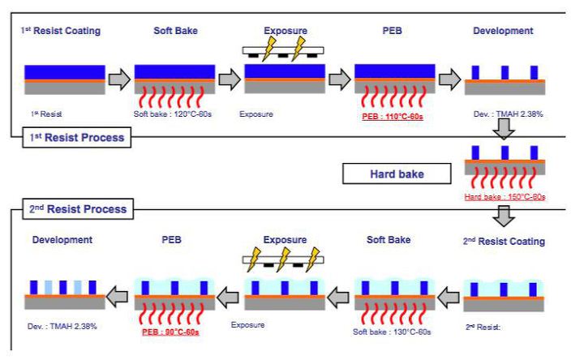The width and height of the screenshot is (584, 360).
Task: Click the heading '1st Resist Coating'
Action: pos(60,31)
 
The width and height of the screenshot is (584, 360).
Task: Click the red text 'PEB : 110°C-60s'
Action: pos(393,117)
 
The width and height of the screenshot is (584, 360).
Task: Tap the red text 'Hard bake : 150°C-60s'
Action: pos(503,197)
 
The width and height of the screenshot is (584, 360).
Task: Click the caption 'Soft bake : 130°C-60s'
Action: pos(393,332)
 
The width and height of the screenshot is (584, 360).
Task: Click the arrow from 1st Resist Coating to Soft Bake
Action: pos(119,79)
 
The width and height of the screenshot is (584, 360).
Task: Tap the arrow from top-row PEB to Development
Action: pos(449,79)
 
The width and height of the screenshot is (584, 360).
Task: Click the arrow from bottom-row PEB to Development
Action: pos(118,296)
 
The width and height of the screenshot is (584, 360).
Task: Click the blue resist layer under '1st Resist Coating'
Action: pos(65,72)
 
